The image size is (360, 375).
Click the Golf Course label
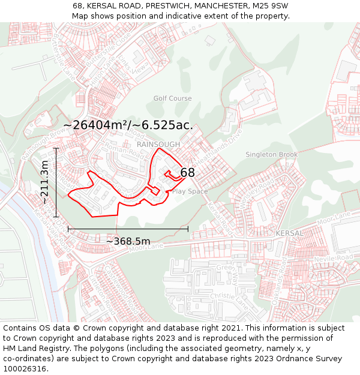pos(172,98)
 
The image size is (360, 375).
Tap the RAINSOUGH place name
pos(158,145)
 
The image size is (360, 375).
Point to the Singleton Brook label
pos(271,155)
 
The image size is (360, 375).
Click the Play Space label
pos(190,191)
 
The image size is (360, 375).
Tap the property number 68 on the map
pos(187,173)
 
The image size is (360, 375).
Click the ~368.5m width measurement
pos(128,241)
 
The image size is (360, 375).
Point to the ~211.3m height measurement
pos(44,182)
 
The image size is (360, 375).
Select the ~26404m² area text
pos(128,125)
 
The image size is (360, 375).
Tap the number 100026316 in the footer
pos(26,368)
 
